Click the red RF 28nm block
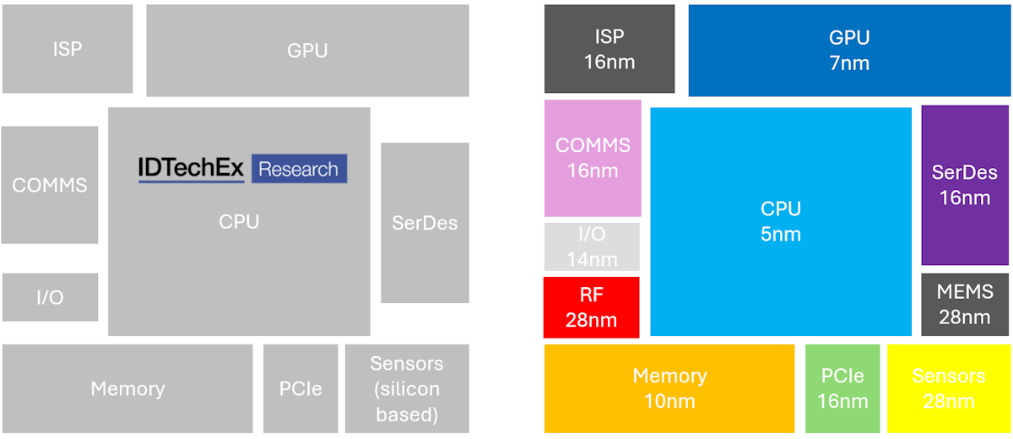[592, 307]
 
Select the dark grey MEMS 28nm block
[964, 304]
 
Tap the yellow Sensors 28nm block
[948, 388]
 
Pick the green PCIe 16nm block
[842, 388]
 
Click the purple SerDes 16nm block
[964, 185]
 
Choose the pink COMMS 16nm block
[593, 158]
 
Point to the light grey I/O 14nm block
[592, 247]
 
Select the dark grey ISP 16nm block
[609, 49]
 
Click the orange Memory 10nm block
[669, 388]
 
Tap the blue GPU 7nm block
[848, 51]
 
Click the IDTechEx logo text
[192, 169]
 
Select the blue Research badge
[299, 169]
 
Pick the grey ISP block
[68, 49]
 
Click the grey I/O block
[50, 297]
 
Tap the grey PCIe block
[301, 388]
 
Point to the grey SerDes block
[425, 223]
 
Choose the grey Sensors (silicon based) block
[407, 388]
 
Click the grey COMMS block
[50, 185]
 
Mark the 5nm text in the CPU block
[781, 234]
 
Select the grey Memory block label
[127, 389]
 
